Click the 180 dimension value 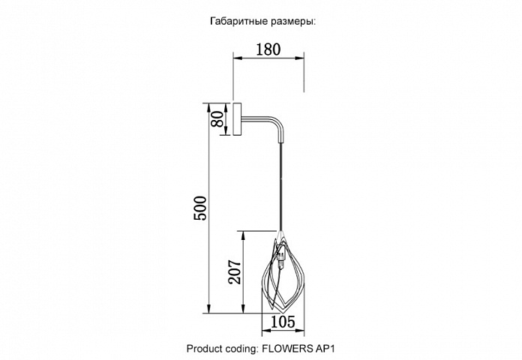[x=268, y=49]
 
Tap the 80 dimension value [x=218, y=119]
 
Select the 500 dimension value [x=200, y=208]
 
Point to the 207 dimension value [x=235, y=271]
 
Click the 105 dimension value [x=283, y=322]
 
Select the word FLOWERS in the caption [x=288, y=349]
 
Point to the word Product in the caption [x=204, y=349]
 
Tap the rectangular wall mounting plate [x=237, y=119]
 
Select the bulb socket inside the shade [x=281, y=256]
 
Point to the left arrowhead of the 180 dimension [x=237, y=58]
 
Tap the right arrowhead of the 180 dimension [x=300, y=58]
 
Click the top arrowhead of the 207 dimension [x=243, y=235]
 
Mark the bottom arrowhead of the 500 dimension [x=208, y=309]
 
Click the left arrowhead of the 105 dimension [x=266, y=330]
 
